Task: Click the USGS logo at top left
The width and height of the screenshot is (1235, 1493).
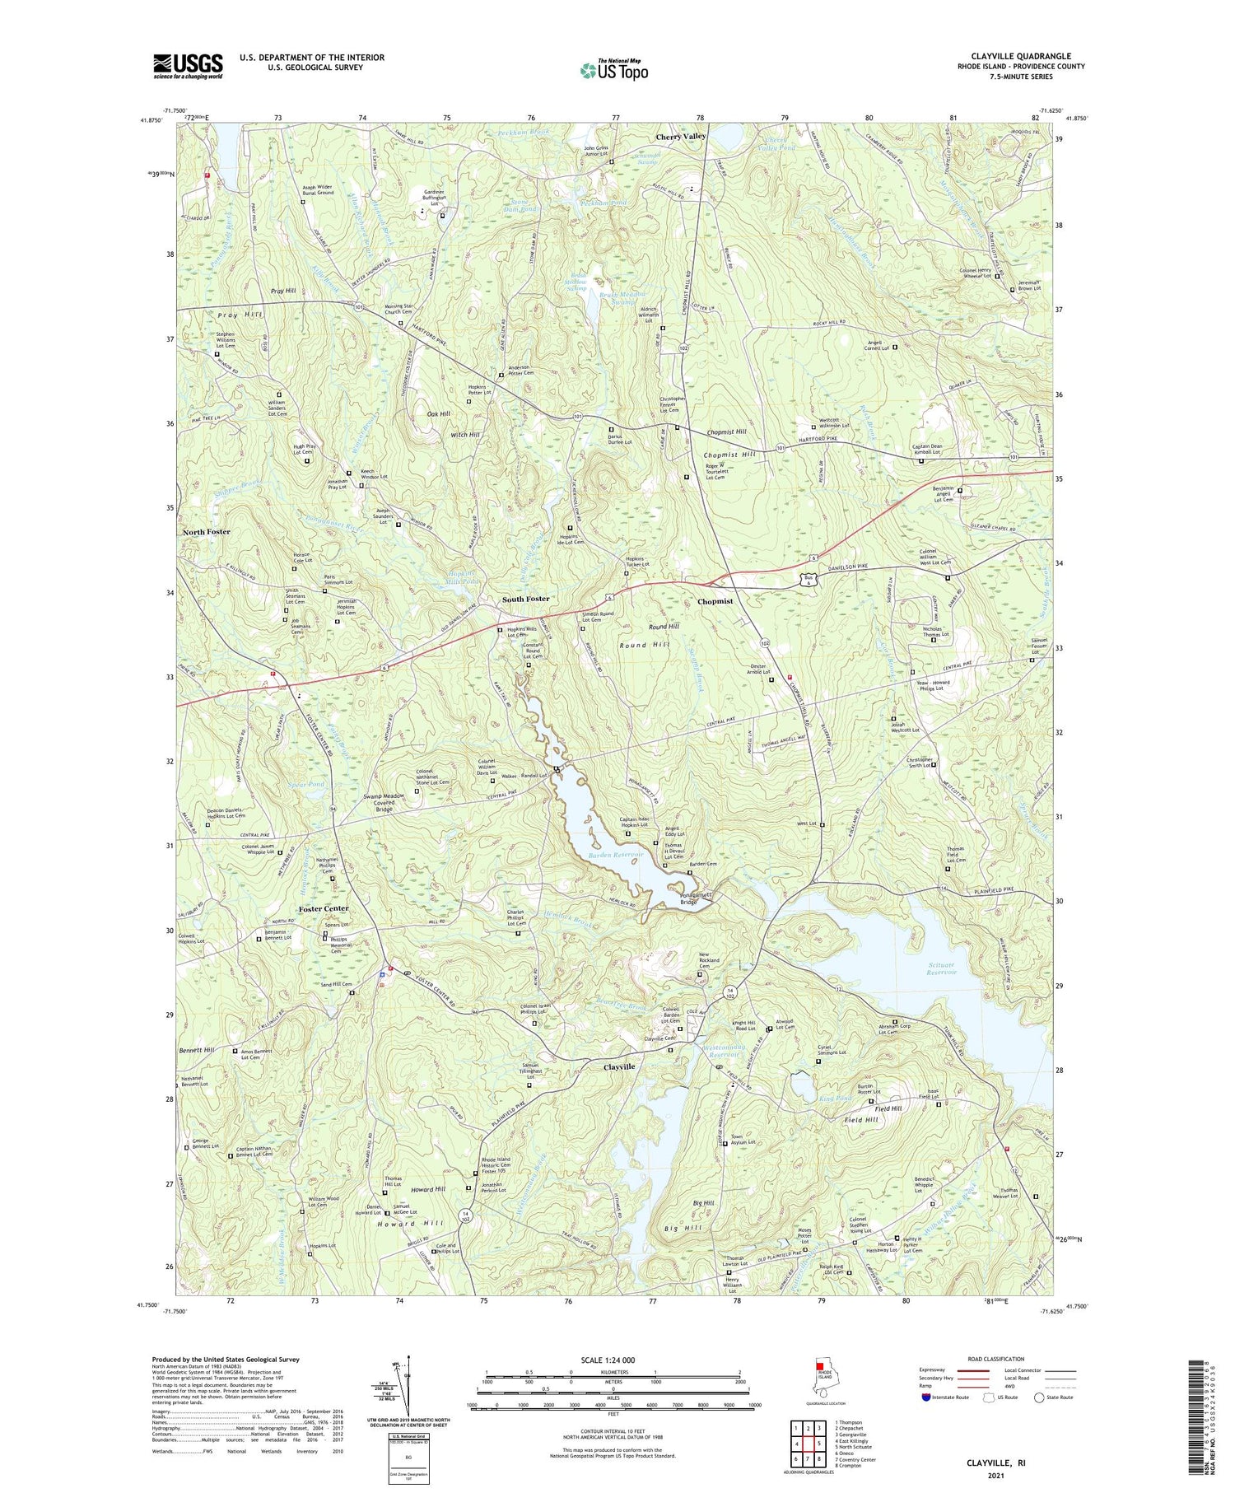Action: pyautogui.click(x=188, y=66)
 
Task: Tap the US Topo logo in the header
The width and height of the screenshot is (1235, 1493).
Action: pyautogui.click(x=613, y=69)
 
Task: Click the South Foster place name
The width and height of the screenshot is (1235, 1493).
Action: pyautogui.click(x=525, y=599)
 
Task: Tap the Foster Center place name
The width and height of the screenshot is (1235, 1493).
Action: pyautogui.click(x=324, y=908)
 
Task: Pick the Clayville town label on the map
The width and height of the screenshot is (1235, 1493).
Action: pyautogui.click(x=619, y=1066)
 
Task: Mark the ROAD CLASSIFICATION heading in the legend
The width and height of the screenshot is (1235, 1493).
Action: pyautogui.click(x=996, y=1359)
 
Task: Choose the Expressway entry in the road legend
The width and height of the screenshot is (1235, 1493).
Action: pyautogui.click(x=936, y=1370)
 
